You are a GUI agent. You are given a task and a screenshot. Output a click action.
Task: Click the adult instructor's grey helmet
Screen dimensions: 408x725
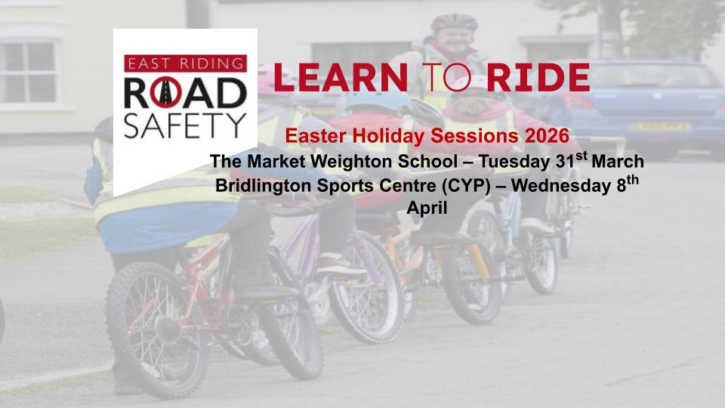point(454,23)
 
